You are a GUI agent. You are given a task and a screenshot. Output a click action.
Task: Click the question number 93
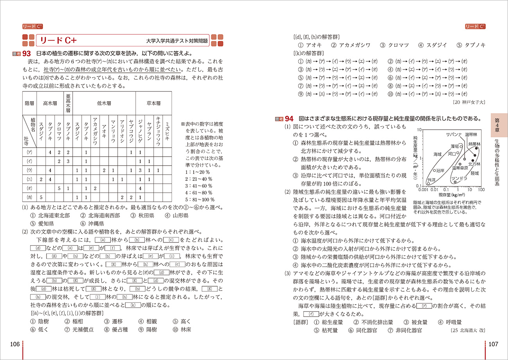point(27,53)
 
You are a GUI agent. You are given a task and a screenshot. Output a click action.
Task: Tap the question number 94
point(289,118)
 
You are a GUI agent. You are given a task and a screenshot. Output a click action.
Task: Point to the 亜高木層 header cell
point(68,102)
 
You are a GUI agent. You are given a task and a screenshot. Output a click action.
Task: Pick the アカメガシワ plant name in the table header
point(95,131)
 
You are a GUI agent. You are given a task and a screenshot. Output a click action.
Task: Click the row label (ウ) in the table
point(29,170)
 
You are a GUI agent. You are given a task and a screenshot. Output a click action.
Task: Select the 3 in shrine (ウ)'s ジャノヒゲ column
point(140,170)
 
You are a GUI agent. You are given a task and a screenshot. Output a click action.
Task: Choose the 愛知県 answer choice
point(42,224)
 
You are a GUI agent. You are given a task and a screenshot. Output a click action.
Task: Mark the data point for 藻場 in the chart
point(461,146)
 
